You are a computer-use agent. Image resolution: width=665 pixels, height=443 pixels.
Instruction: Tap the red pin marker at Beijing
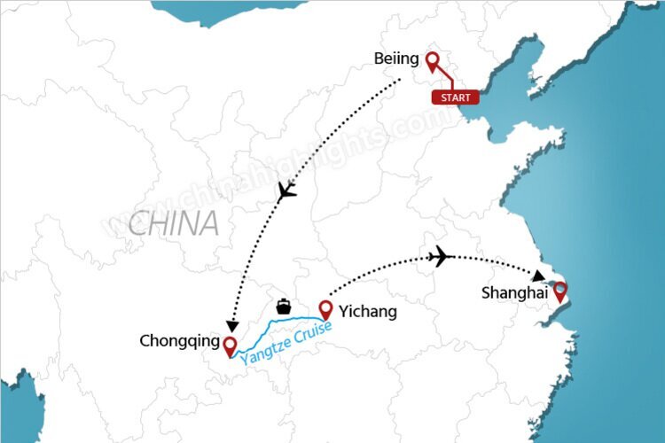[433, 62]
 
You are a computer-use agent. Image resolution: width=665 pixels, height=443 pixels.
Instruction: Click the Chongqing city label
[177, 340]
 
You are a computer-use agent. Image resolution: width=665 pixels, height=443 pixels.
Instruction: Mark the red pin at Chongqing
[231, 346]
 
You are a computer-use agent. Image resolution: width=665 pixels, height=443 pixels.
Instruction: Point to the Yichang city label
[366, 312]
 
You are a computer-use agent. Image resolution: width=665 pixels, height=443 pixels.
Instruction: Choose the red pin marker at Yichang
[325, 310]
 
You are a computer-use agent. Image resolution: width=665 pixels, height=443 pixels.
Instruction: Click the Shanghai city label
[512, 292]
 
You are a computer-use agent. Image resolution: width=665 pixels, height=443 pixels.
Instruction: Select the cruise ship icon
[284, 306]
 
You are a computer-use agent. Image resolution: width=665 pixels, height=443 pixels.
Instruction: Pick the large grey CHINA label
[173, 223]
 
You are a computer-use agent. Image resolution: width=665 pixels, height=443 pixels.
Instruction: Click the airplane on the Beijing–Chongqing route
[286, 190]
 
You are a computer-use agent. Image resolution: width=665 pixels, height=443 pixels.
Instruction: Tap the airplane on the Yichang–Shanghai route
[439, 257]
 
